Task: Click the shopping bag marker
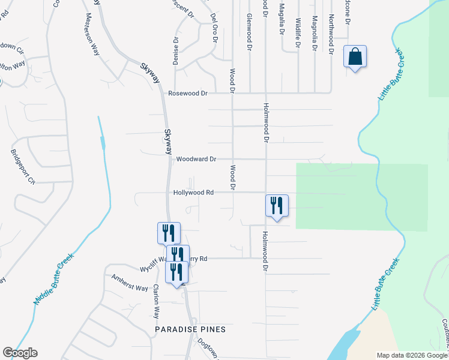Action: click(x=355, y=57)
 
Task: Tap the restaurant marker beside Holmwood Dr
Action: click(x=277, y=206)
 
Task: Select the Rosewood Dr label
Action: click(x=187, y=94)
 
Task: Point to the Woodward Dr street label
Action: click(x=196, y=160)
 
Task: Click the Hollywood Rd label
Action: click(x=193, y=193)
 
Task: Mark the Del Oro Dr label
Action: click(x=212, y=28)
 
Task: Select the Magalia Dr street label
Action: click(x=281, y=19)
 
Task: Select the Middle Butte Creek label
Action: click(x=54, y=278)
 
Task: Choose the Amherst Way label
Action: click(x=130, y=283)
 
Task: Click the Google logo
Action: click(x=20, y=353)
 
